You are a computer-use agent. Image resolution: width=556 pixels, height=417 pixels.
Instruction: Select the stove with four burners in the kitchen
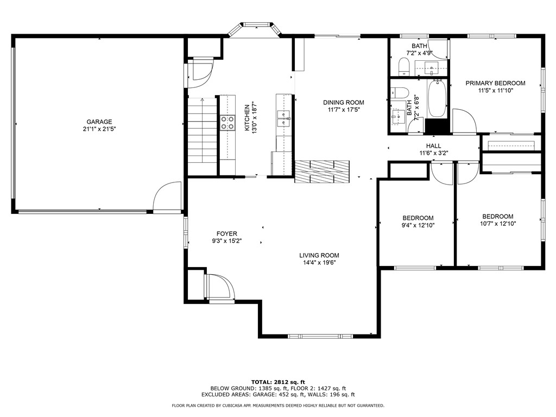point(227,123)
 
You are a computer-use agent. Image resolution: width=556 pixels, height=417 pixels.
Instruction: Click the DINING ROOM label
point(343,103)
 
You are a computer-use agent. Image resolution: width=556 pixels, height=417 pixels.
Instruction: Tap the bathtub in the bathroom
point(437,99)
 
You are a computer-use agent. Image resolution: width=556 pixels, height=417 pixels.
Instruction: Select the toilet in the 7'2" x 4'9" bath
point(403,67)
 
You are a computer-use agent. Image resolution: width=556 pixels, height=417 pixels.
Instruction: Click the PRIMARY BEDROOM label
point(495,83)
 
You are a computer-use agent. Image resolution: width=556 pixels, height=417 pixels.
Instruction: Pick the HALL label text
point(433,146)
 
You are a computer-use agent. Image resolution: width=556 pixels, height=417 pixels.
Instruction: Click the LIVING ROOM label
point(319,255)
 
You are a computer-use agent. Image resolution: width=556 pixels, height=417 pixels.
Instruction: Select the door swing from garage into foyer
point(167,197)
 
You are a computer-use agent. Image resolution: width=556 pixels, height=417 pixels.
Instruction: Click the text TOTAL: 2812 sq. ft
point(277,381)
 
